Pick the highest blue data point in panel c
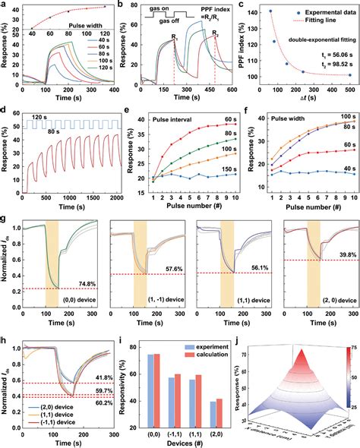270,11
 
